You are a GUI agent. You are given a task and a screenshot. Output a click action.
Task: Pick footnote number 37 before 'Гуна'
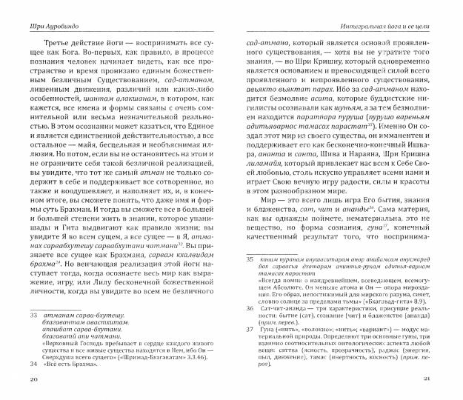(250, 337)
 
